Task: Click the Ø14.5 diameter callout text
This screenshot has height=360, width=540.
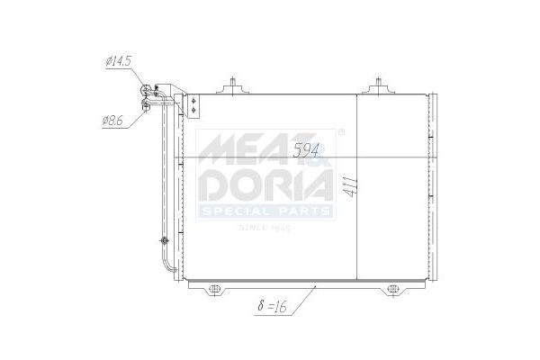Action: pos(119,61)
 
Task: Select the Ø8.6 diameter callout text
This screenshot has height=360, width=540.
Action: pos(112,121)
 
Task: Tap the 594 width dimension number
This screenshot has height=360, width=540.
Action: pos(306,150)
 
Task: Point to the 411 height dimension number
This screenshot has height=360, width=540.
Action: pos(352,187)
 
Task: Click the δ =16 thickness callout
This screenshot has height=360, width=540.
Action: pos(272,306)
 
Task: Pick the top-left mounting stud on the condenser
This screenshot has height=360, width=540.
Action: pos(233,85)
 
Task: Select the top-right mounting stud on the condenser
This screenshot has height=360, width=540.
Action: pos(378,85)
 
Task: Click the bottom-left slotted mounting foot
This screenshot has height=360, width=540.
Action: pos(214,289)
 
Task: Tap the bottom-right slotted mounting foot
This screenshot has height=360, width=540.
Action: pos(392,289)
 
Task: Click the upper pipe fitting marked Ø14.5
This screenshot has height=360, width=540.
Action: pos(145,90)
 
